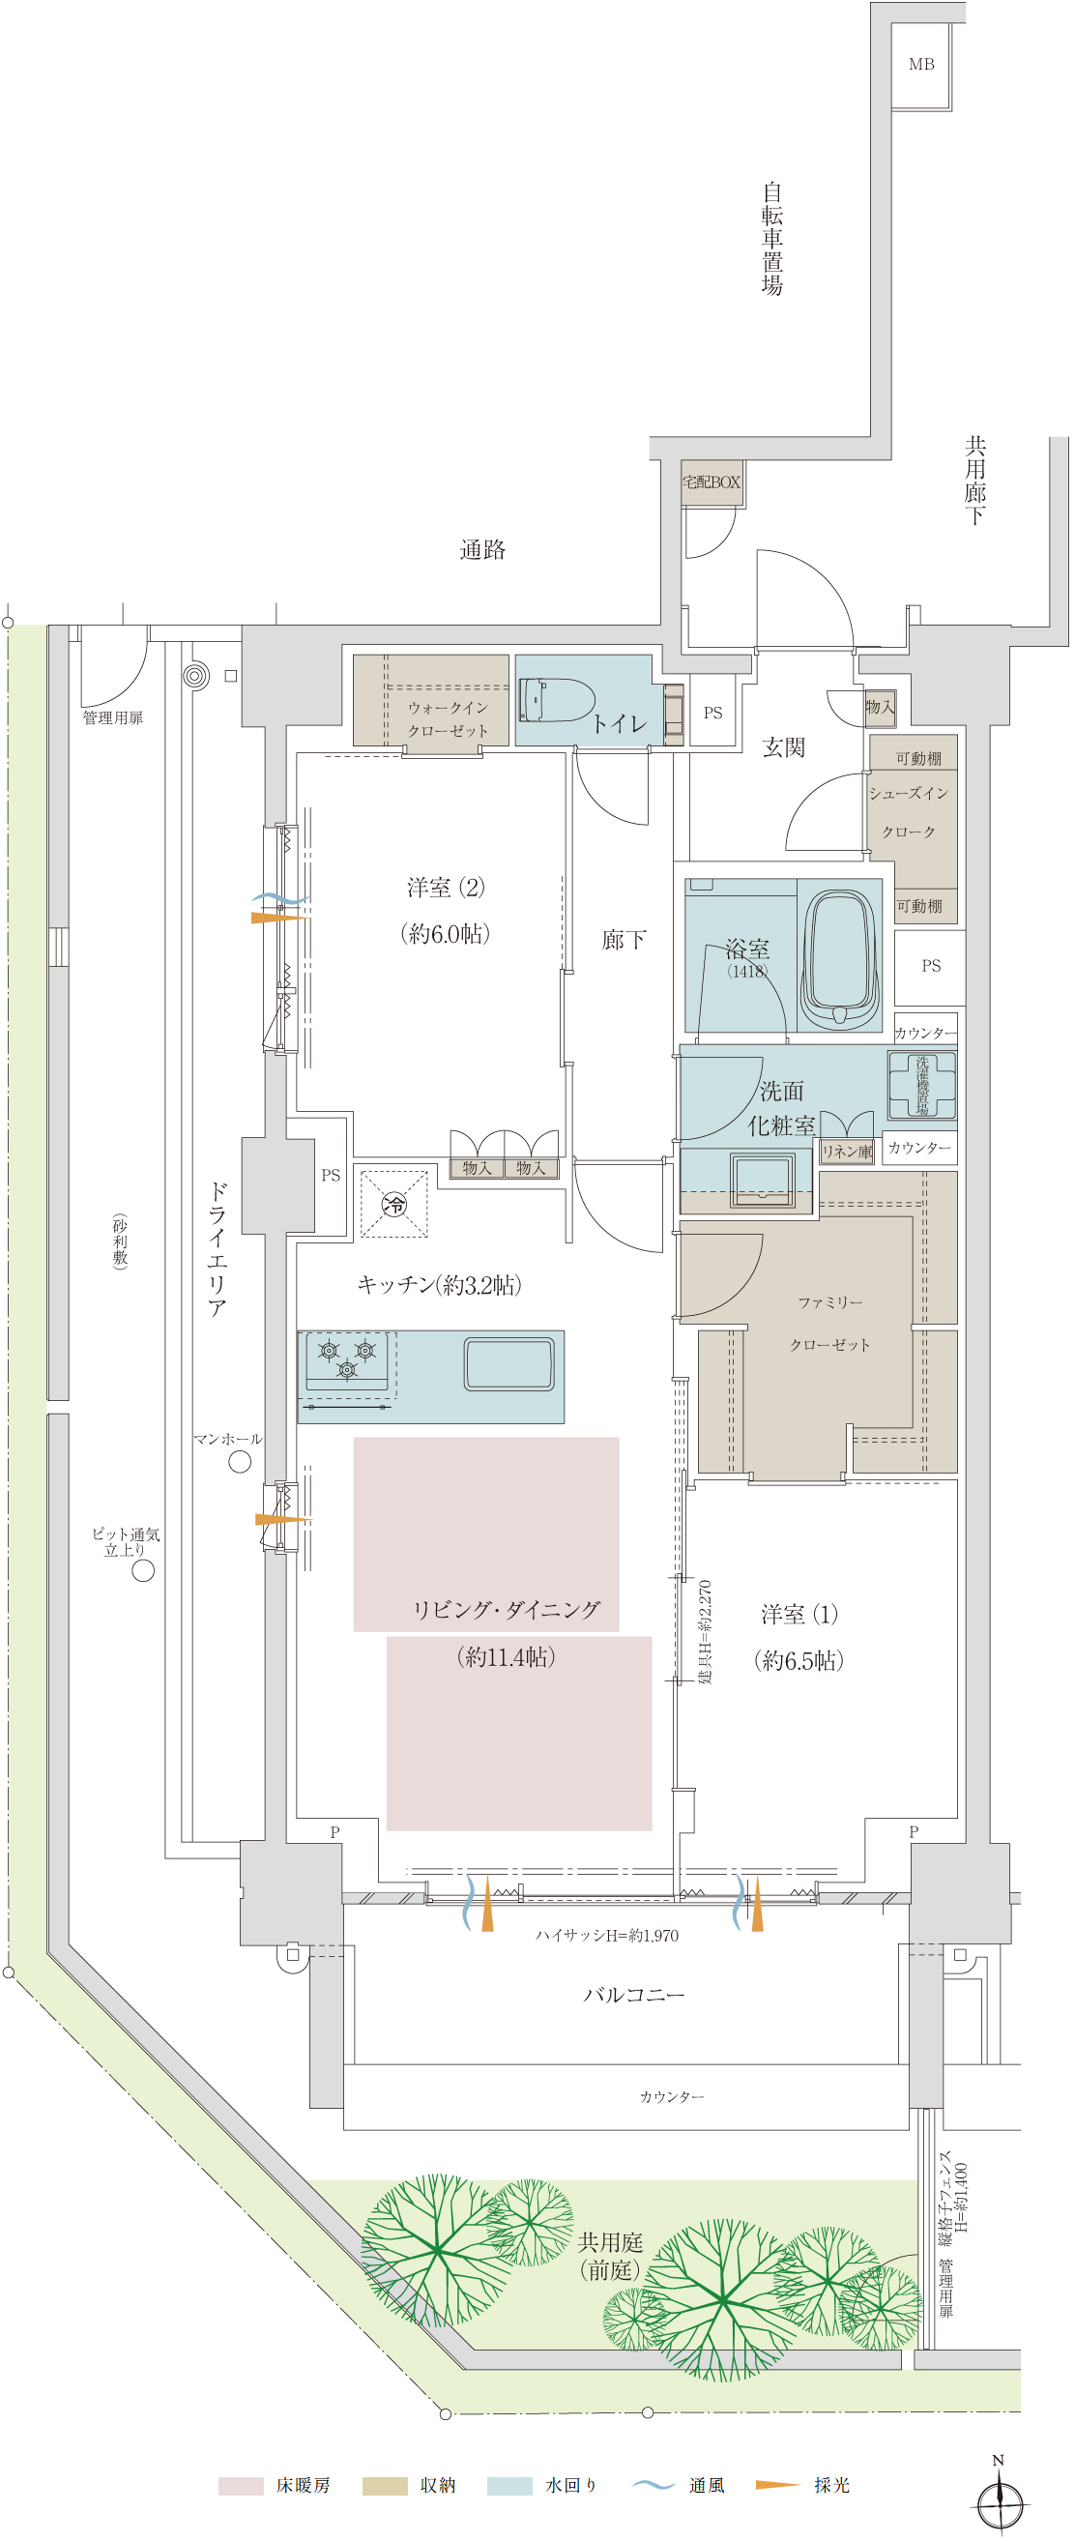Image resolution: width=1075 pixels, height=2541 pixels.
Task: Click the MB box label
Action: coord(921,65)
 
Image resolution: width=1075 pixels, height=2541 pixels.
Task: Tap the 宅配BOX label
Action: coord(712,482)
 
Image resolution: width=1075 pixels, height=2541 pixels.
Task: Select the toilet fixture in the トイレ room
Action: coord(556,699)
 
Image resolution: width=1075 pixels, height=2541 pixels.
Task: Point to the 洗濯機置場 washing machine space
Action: coord(922,1085)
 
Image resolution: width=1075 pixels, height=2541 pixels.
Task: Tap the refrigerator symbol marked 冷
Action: coord(394,1204)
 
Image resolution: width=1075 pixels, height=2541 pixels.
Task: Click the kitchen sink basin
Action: coord(508,1363)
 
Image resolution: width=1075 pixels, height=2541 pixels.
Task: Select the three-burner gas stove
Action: coord(347,1361)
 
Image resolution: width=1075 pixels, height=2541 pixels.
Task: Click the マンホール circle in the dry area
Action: coord(240,1462)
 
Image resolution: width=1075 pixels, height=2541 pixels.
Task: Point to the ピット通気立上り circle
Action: coord(143,1570)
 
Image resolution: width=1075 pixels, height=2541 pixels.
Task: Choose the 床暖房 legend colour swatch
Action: coord(241,2486)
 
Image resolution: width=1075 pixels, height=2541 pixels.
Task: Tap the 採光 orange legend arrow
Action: coord(777,2485)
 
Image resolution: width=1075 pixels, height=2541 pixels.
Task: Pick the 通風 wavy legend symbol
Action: coord(653,2485)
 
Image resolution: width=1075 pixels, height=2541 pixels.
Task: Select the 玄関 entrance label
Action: coord(784,747)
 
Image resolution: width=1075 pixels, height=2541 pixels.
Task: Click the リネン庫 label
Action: coord(847,1152)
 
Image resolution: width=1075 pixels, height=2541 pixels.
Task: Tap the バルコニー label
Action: coord(634,1995)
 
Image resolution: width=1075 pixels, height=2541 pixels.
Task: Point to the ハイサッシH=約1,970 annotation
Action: coord(606,1936)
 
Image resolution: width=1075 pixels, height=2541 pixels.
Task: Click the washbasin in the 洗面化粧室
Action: coord(763,1179)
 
